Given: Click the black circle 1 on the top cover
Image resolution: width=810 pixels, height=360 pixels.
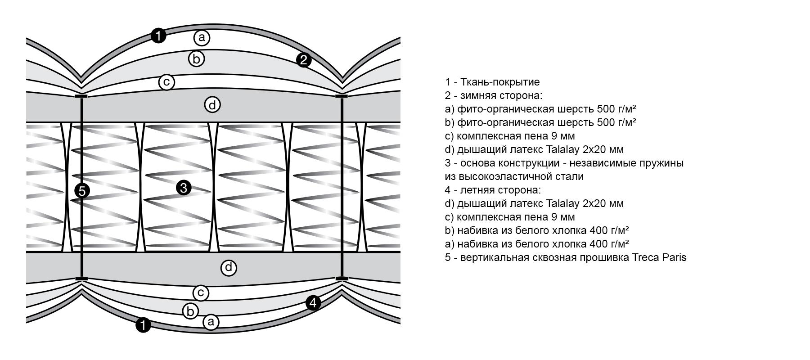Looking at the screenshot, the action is (158, 35).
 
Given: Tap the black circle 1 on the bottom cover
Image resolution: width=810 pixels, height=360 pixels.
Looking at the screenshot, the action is (143, 325).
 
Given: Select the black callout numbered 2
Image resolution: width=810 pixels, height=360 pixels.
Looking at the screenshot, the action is (304, 60).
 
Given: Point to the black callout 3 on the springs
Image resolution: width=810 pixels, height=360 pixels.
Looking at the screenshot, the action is (184, 188).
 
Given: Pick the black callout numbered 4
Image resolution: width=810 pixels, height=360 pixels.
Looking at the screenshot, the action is (313, 303).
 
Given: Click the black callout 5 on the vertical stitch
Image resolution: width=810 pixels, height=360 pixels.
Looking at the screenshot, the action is (82, 191).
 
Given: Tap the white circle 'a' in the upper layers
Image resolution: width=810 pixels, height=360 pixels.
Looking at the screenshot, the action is (202, 38).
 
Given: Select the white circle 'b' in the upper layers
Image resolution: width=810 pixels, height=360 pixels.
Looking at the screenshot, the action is (196, 58).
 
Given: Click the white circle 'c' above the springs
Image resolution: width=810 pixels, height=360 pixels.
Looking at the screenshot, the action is (166, 82).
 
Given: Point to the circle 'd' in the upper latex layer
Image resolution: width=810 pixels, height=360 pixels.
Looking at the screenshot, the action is (212, 105).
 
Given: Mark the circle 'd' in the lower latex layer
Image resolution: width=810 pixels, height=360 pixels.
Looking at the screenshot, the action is (229, 268).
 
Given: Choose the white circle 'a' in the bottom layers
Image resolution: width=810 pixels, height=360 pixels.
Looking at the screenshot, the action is (211, 322).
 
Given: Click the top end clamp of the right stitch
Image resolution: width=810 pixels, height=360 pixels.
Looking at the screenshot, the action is (342, 96).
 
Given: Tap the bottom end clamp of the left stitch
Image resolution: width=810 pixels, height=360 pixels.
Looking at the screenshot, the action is (81, 279).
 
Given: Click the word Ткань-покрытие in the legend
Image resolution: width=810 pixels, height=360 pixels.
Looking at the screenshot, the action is (500, 82).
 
